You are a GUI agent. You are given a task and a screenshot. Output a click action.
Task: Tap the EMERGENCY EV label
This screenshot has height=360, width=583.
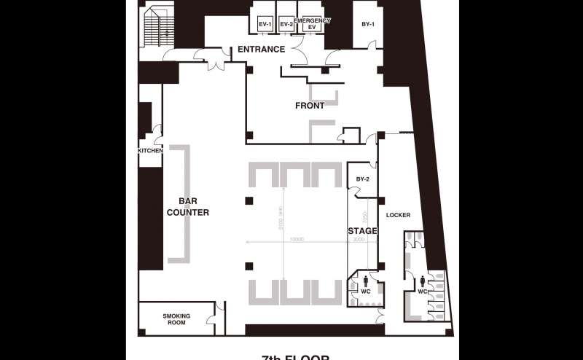[312, 24]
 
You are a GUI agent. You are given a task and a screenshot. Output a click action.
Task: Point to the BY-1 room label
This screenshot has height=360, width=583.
[368, 25]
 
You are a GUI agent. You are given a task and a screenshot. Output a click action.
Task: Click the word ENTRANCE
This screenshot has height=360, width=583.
[261, 50]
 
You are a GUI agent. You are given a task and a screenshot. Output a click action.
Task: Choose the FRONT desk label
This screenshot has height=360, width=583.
[310, 106]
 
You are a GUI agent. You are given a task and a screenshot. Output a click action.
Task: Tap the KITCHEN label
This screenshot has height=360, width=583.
[150, 151]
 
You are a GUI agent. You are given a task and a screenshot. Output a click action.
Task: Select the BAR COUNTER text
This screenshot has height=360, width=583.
[188, 208]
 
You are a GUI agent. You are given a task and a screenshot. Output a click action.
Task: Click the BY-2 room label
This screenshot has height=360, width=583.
[362, 179]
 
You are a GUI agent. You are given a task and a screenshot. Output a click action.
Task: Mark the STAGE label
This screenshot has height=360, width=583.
[362, 231]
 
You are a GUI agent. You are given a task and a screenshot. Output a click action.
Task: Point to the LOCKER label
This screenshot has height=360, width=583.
[399, 216]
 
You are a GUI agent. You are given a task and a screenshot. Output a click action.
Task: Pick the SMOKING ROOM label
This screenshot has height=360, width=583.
[176, 319]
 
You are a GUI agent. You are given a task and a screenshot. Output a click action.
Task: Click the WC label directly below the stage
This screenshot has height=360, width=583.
[366, 291]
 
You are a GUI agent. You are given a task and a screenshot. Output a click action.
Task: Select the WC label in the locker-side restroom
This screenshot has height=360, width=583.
[423, 291]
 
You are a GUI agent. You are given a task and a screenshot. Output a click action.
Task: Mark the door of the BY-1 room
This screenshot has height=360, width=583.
[373, 51]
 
